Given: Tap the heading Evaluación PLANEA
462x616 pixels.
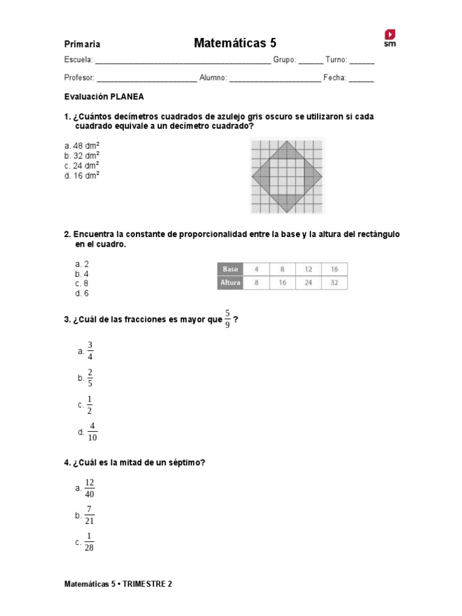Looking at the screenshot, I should pyautogui.click(x=104, y=96).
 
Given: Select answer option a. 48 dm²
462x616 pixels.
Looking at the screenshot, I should pyautogui.click(x=82, y=146).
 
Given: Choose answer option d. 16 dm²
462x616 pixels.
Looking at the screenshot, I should pyautogui.click(x=82, y=176).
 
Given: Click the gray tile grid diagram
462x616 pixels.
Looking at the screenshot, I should pyautogui.click(x=287, y=176).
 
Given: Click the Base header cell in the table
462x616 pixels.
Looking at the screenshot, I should pyautogui.click(x=230, y=269).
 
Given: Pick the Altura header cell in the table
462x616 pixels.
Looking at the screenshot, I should pyautogui.click(x=230, y=283).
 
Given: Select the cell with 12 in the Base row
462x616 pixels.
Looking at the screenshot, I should pyautogui.click(x=308, y=269).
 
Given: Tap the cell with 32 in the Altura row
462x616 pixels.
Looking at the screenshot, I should pyautogui.click(x=334, y=283).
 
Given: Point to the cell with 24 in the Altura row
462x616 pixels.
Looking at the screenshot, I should pyautogui.click(x=308, y=283).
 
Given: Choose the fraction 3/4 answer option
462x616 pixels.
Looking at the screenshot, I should pyautogui.click(x=90, y=351).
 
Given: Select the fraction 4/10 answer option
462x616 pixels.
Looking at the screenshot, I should pyautogui.click(x=92, y=432).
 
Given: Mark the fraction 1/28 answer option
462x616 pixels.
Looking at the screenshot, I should pyautogui.click(x=89, y=542).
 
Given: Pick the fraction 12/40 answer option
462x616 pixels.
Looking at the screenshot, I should pyautogui.click(x=90, y=488).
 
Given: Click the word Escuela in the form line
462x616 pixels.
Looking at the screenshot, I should pyautogui.click(x=78, y=60).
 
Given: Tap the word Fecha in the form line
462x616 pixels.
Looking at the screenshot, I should pyautogui.click(x=334, y=78).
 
